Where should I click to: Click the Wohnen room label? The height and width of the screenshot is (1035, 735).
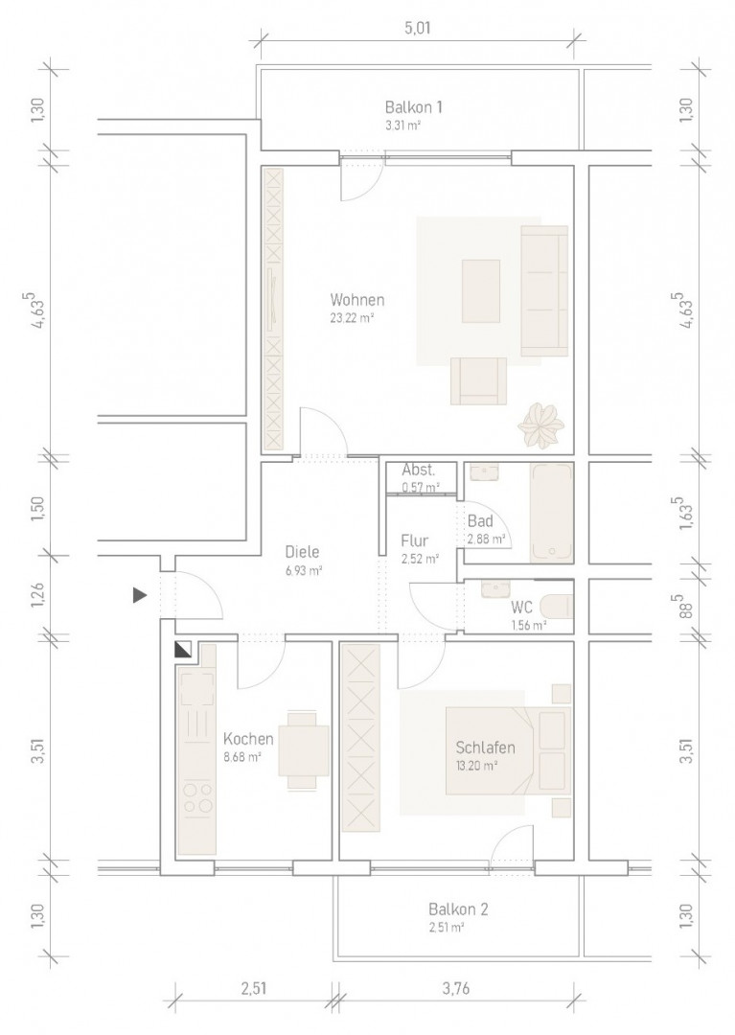357,300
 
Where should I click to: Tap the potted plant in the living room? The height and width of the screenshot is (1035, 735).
541,426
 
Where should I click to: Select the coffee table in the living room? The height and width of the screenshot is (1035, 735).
481,291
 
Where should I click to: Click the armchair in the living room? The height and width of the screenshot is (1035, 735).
478,380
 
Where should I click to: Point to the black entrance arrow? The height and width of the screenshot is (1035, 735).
139,595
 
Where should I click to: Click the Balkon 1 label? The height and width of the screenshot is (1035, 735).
414,107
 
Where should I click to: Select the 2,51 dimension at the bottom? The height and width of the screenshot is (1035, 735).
253,988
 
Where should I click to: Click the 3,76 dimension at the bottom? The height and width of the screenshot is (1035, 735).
455,988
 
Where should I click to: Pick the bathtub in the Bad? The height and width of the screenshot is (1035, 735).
552,513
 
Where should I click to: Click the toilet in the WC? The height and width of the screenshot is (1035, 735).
557,606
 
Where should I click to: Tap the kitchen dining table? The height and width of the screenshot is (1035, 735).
303,749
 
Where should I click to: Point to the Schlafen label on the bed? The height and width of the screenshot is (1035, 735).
486,747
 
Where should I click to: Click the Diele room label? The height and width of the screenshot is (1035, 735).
302,552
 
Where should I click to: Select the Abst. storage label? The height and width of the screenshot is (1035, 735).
419,471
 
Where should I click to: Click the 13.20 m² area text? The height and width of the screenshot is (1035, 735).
476,766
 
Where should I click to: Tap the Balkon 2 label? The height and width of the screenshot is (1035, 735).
458,909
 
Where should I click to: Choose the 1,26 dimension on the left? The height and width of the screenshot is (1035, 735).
37,595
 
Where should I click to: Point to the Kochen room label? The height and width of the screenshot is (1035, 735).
248,739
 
